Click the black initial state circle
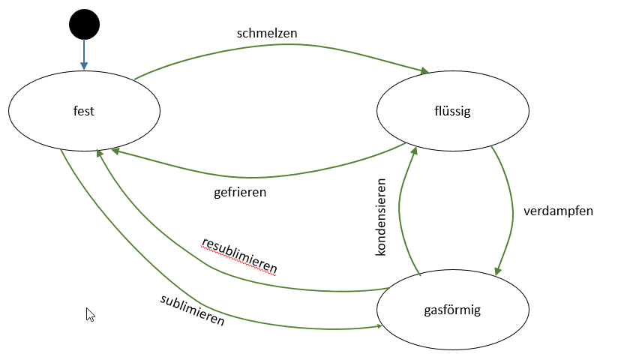pos(84,25)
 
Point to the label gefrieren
pos(240,191)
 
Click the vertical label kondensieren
pos(381,217)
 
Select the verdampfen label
pos(558,211)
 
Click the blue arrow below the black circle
pos(84,54)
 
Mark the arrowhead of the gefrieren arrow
pos(117,151)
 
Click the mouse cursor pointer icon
pos(90,314)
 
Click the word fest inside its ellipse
pos(84,111)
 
